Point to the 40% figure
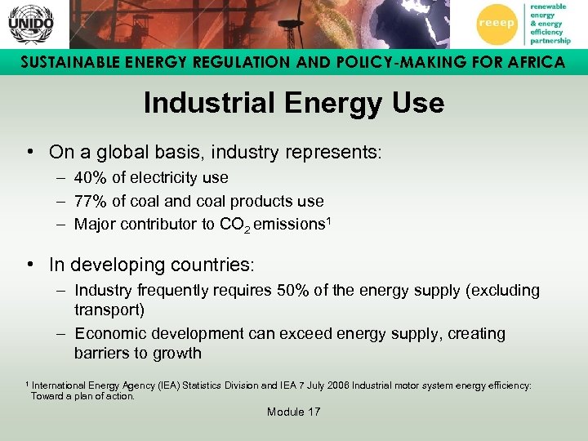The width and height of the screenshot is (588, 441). (89, 177)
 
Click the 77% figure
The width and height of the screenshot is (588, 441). (89, 201)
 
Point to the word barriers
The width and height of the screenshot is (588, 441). (101, 354)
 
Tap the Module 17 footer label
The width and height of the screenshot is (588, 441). (294, 412)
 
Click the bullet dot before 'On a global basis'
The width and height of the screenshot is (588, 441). (29, 151)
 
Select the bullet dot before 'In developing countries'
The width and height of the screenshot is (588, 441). (29, 265)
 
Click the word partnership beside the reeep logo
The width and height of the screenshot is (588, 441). (549, 41)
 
